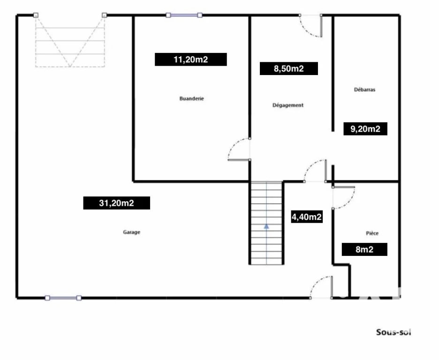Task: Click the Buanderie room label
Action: (191, 98)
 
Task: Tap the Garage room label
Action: (132, 232)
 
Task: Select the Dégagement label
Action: (288, 105)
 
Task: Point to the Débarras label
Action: (364, 90)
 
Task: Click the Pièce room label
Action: (372, 233)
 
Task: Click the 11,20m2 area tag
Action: (191, 60)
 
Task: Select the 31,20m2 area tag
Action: (116, 203)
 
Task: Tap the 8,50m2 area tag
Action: (288, 68)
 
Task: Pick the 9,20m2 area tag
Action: (365, 128)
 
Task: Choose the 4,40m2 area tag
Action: (307, 217)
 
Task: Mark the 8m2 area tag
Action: (364, 249)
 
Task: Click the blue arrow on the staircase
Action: (266, 226)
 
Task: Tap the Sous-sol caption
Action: (394, 332)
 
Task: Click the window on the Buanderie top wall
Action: (184, 15)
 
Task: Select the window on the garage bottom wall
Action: (63, 298)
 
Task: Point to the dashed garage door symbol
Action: (70, 41)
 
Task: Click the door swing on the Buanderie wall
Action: (239, 150)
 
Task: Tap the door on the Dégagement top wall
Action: (310, 26)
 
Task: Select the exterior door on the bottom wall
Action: (321, 287)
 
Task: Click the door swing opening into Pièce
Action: (343, 198)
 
